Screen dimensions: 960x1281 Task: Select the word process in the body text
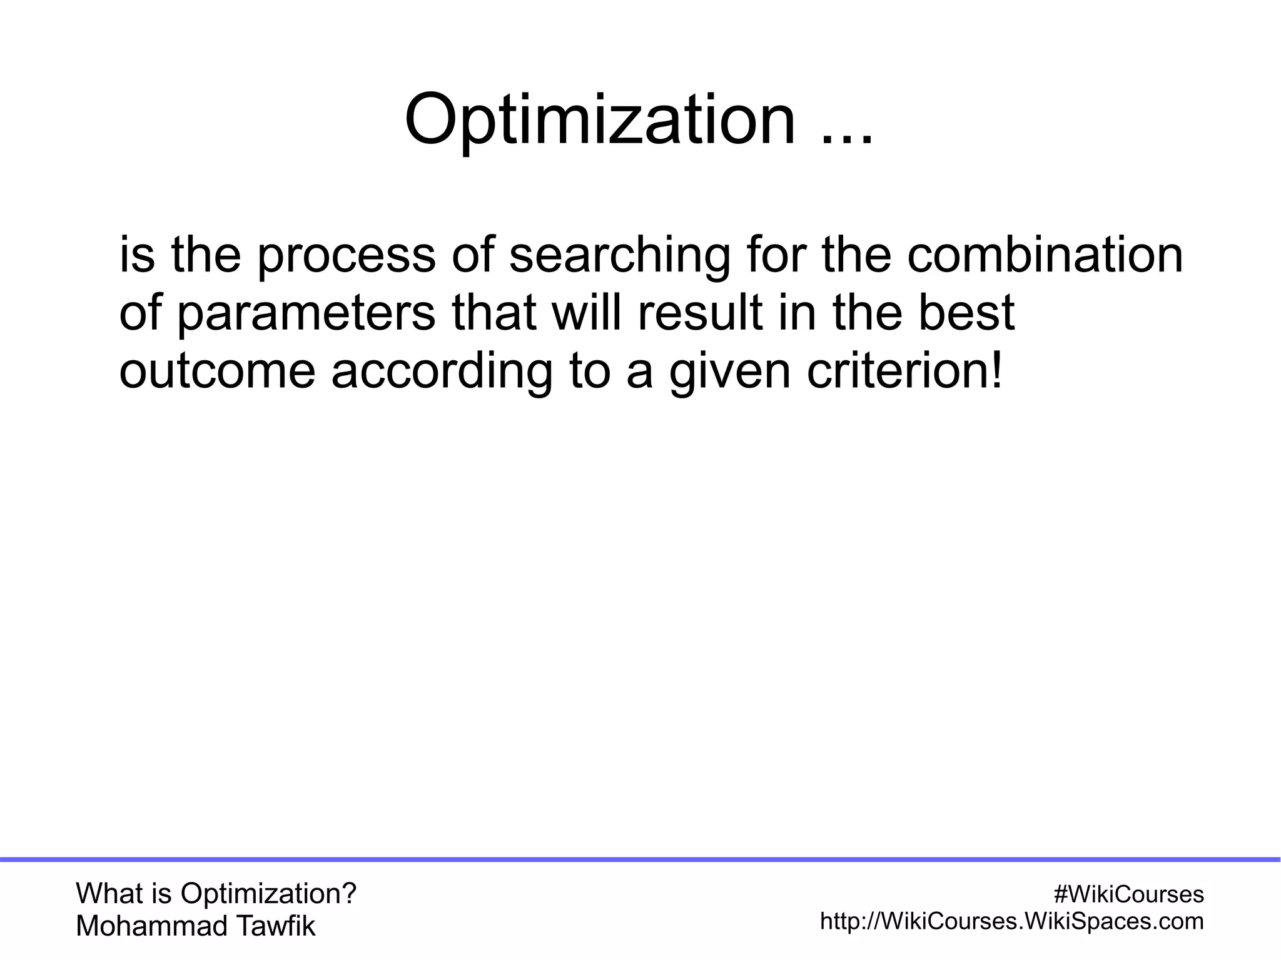point(345,257)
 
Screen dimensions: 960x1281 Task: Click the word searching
point(619,257)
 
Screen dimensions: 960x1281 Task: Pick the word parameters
point(306,315)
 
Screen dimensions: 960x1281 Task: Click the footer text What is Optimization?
point(216,894)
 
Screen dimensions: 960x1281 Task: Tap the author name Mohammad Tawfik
point(195,926)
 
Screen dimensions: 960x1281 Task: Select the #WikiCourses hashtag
point(1128,894)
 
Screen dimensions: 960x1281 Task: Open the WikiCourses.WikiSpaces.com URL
point(1011,921)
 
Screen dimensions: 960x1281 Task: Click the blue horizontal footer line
point(640,860)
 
